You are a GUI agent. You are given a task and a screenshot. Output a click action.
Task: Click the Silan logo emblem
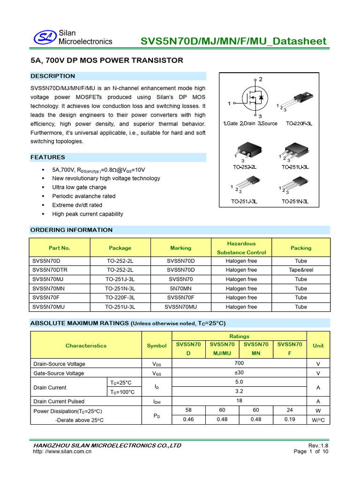(45, 37)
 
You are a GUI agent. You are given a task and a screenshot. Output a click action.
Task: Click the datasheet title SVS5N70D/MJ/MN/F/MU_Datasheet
(233, 41)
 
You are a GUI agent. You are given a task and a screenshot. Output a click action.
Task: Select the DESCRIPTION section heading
(52, 76)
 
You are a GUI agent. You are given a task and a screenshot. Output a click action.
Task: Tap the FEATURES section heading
(48, 157)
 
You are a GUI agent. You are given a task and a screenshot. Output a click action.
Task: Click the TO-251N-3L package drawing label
(295, 202)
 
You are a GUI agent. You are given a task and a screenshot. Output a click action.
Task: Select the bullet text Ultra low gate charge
(79, 187)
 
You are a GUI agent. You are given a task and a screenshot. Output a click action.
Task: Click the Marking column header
(180, 248)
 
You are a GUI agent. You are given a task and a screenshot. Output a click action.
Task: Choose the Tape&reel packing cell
(300, 270)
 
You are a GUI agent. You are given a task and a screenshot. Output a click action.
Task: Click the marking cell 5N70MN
(180, 289)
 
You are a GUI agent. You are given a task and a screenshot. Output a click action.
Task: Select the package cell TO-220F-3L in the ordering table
(120, 298)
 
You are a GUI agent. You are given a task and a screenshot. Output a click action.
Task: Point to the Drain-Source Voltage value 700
(239, 364)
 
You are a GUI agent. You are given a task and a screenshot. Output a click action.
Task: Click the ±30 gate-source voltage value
(239, 373)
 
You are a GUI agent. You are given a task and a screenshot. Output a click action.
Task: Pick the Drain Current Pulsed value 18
(239, 401)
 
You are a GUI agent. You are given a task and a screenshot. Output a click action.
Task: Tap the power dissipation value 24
(290, 410)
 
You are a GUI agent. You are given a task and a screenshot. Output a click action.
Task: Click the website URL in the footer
(62, 452)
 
